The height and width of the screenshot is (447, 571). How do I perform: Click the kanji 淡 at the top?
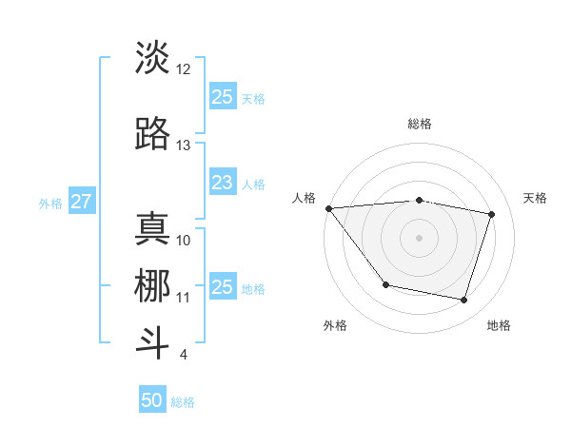pyautogui.click(x=153, y=58)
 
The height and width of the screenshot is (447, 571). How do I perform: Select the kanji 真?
pyautogui.click(x=153, y=229)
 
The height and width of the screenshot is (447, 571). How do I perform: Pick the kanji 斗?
pyautogui.click(x=153, y=343)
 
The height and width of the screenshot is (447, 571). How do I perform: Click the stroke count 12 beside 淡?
pyautogui.click(x=184, y=69)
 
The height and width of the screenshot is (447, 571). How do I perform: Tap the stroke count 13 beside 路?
pyautogui.click(x=184, y=146)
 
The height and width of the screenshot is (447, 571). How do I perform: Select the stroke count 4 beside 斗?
pyautogui.click(x=183, y=355)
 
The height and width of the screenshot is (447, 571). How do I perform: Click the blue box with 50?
pyautogui.click(x=152, y=400)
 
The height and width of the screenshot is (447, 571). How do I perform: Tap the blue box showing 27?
pyautogui.click(x=82, y=202)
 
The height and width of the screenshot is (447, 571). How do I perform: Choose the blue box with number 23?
pyautogui.click(x=222, y=183)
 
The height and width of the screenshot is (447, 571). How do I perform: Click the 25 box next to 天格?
pyautogui.click(x=222, y=97)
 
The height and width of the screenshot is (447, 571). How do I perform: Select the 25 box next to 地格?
pyautogui.click(x=222, y=287)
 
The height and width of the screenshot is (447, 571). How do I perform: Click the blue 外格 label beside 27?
pyautogui.click(x=49, y=203)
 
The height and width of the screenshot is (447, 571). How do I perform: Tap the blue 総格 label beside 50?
pyautogui.click(x=183, y=401)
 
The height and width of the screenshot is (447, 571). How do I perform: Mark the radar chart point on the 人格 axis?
pyautogui.click(x=328, y=208)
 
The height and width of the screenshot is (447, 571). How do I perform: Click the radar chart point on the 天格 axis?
pyautogui.click(x=492, y=214)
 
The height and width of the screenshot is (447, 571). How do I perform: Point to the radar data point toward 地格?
pyautogui.click(x=463, y=301)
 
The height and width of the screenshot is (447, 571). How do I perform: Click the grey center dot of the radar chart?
pyautogui.click(x=419, y=238)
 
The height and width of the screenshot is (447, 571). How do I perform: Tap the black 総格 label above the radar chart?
pyautogui.click(x=419, y=124)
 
